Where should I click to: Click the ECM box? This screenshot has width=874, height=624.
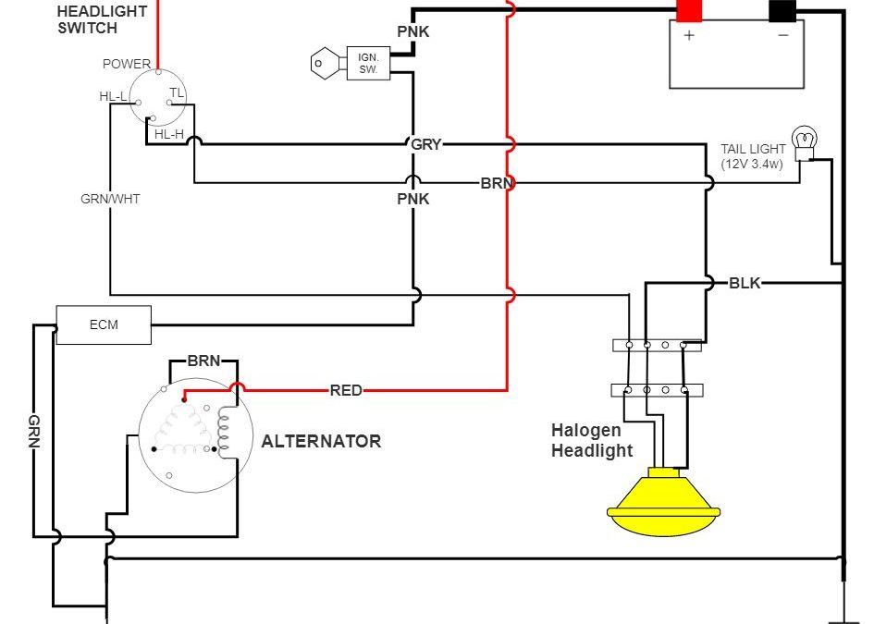(104, 325)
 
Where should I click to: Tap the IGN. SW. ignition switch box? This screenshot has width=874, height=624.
(368, 63)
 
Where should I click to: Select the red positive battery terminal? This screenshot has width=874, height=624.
(689, 10)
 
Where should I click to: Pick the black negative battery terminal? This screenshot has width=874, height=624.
(782, 10)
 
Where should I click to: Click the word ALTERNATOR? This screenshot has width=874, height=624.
(321, 441)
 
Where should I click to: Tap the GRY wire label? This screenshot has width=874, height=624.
(426, 145)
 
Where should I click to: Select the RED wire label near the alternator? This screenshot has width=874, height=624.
(346, 391)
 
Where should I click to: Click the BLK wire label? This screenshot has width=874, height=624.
(745, 283)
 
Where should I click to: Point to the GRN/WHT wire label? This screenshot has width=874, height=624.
(110, 198)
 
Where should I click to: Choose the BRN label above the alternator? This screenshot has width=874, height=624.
(203, 361)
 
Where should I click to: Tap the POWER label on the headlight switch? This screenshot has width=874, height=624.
(127, 64)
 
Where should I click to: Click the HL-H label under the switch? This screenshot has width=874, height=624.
(169, 134)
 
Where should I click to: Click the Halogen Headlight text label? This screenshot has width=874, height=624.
(592, 440)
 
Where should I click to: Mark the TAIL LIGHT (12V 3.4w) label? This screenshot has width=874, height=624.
(754, 156)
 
